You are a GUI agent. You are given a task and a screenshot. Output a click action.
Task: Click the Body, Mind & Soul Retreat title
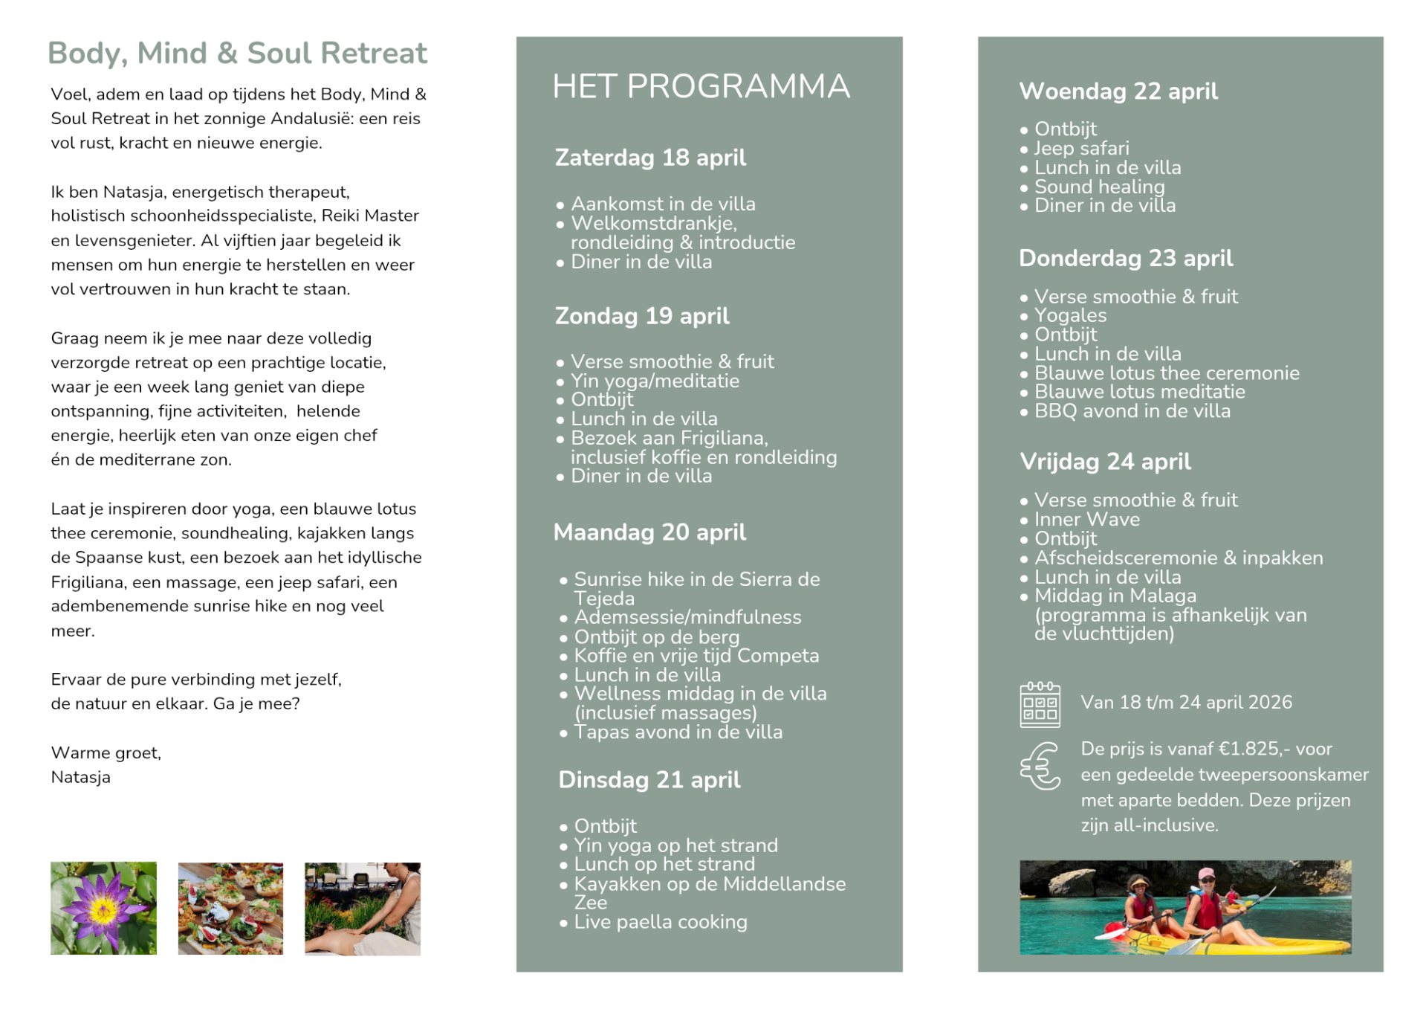(x=237, y=54)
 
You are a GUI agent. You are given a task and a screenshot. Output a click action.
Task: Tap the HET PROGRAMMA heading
(x=701, y=87)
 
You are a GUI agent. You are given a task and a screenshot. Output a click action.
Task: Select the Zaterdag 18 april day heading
(x=650, y=158)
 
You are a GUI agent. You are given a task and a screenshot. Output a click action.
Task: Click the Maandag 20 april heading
(x=649, y=532)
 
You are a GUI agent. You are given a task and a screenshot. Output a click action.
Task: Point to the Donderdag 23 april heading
(x=1125, y=258)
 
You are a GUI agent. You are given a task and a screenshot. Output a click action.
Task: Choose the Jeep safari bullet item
(x=1081, y=149)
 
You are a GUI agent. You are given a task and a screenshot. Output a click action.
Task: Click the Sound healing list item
(x=1099, y=187)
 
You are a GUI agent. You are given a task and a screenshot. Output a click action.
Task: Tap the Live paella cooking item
(x=660, y=922)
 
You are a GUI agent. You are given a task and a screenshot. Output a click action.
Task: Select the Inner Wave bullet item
(x=1086, y=519)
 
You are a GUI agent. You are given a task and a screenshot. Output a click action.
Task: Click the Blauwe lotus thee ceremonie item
(x=1167, y=373)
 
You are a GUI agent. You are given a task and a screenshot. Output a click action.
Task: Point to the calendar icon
(x=1040, y=704)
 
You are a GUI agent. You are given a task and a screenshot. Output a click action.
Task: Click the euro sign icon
(x=1040, y=767)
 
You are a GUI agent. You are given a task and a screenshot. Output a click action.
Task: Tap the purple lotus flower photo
(x=103, y=908)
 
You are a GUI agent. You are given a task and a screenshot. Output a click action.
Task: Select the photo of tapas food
(x=230, y=908)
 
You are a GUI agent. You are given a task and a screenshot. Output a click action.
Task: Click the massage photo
(x=362, y=908)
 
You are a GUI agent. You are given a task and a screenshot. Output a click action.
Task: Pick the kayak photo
(x=1184, y=907)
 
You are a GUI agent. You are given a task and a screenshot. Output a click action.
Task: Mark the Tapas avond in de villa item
(x=678, y=732)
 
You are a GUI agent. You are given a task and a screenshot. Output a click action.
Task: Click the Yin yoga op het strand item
(x=675, y=845)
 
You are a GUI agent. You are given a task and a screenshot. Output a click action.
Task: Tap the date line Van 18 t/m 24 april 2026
(x=1186, y=703)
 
